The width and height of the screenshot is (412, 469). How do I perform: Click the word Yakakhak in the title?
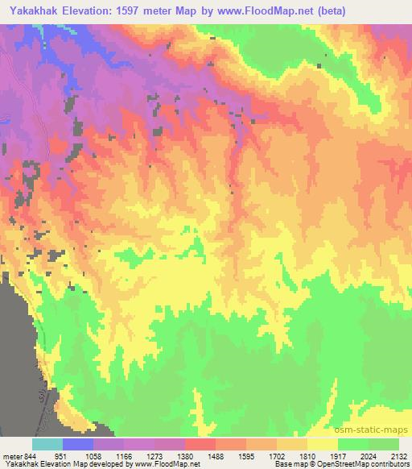tap(34, 10)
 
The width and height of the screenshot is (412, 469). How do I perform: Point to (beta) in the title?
tap(352, 10)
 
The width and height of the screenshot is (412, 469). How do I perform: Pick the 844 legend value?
tap(31, 455)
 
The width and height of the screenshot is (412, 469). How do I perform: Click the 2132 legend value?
tap(400, 455)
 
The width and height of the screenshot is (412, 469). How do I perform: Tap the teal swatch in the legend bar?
tap(47, 444)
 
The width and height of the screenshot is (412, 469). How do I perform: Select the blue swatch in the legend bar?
tap(77, 444)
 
